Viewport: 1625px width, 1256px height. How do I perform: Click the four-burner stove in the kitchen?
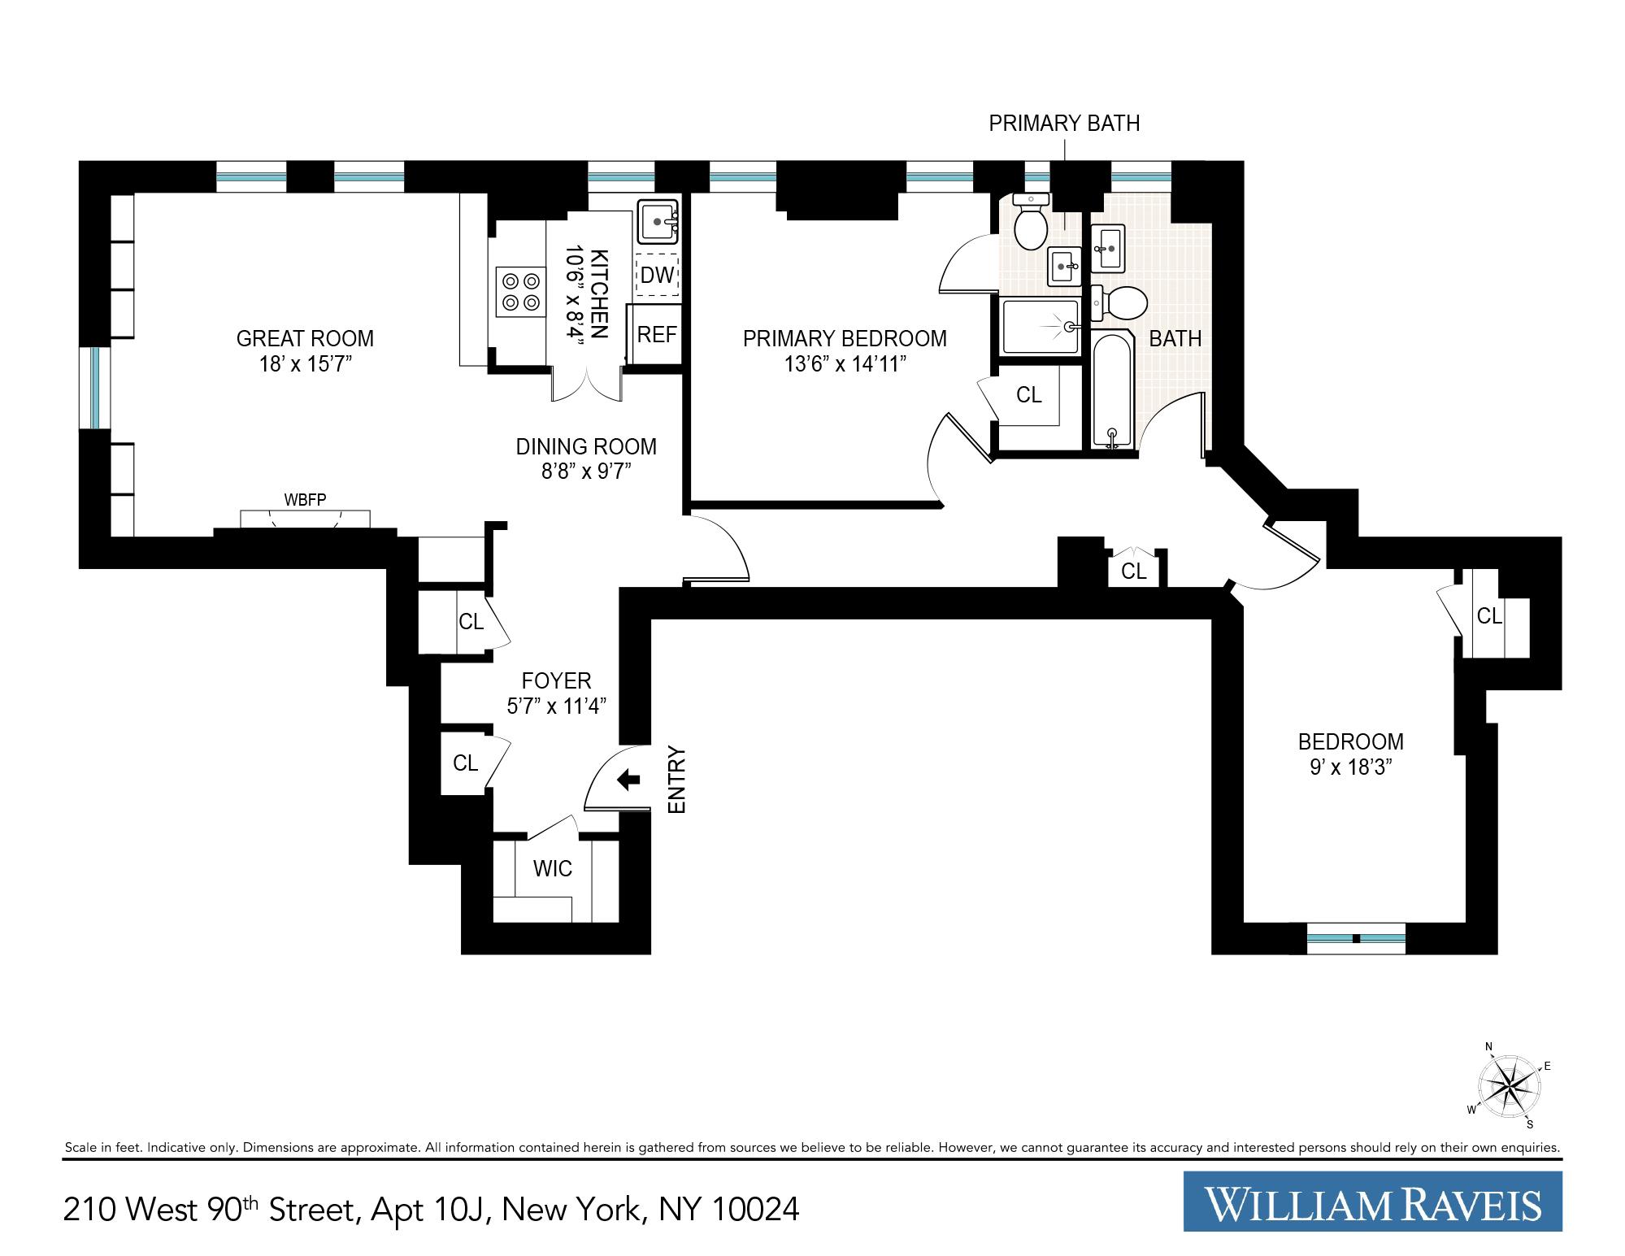pos(521,293)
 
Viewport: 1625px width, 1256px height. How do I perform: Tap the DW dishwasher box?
pos(657,275)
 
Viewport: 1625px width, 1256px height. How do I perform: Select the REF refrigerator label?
pos(656,334)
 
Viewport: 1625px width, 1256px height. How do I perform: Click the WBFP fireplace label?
pos(305,500)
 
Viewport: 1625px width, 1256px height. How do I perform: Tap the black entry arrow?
pos(628,780)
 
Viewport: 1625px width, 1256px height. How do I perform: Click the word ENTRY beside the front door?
pos(677,780)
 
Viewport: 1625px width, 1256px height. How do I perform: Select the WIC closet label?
pos(552,868)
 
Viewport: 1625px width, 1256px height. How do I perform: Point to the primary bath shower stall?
pos(1041,327)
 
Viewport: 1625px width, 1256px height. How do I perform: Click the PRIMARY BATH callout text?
pos(1063,124)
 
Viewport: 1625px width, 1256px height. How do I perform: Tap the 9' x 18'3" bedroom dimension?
pos(1350,767)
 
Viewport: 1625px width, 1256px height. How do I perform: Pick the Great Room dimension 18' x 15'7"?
pos(305,363)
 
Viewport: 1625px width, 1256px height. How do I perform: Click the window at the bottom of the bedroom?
pos(1355,938)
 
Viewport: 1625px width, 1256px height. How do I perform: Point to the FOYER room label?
pos(556,680)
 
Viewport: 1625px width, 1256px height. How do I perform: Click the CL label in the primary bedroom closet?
pos(1028,394)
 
